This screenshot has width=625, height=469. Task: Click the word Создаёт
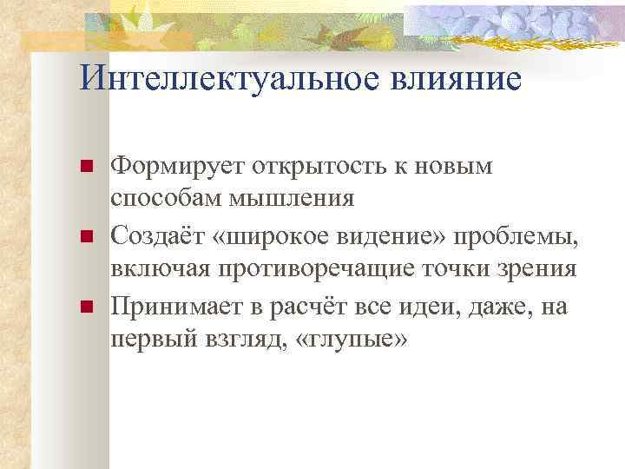158,235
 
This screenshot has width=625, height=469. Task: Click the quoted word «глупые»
351,339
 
